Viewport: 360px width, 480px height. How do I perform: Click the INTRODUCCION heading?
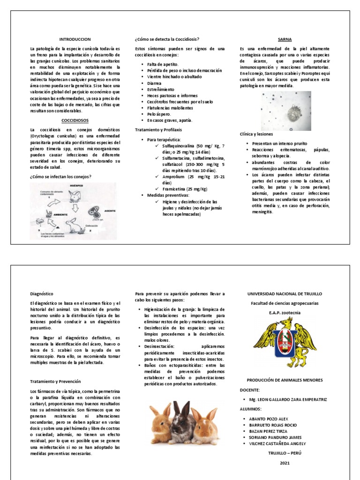pos(75,39)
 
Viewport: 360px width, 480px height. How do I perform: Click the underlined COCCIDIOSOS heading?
pos(75,120)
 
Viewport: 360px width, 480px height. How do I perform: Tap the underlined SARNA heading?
pos(285,40)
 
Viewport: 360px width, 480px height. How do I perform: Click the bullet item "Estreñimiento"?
pos(160,89)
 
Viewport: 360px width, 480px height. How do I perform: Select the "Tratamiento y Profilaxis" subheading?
pos(158,129)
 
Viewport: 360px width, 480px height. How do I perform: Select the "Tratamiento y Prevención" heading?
pos(55,382)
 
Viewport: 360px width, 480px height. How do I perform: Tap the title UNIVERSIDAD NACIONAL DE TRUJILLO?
pos(285,294)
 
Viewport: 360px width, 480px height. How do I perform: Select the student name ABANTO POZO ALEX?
pos(269,419)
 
